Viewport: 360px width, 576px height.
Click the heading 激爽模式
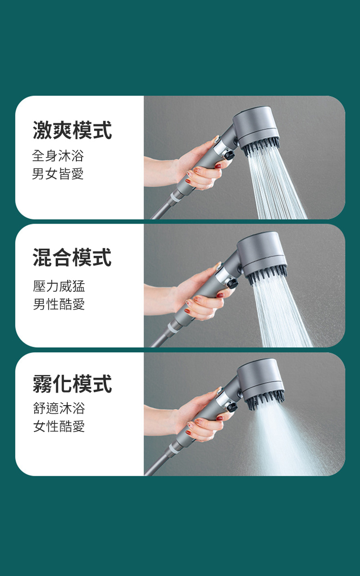[x=72, y=130]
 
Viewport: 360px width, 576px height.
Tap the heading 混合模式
[x=72, y=257]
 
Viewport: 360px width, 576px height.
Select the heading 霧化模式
[x=72, y=384]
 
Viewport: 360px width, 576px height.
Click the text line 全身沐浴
[x=58, y=156]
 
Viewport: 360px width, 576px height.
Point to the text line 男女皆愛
[x=58, y=174]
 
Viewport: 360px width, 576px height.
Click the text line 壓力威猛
[x=59, y=286]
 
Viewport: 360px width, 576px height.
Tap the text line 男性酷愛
[x=59, y=304]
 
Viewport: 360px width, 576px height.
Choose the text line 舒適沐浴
[x=59, y=408]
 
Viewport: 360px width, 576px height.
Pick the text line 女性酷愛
[x=59, y=426]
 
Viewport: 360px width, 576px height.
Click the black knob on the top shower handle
[x=229, y=156]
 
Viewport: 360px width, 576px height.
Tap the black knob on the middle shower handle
[x=232, y=283]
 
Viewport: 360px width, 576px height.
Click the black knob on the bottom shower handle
[x=232, y=407]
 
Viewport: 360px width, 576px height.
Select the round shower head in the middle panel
[x=261, y=253]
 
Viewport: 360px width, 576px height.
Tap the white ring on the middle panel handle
[x=172, y=329]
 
